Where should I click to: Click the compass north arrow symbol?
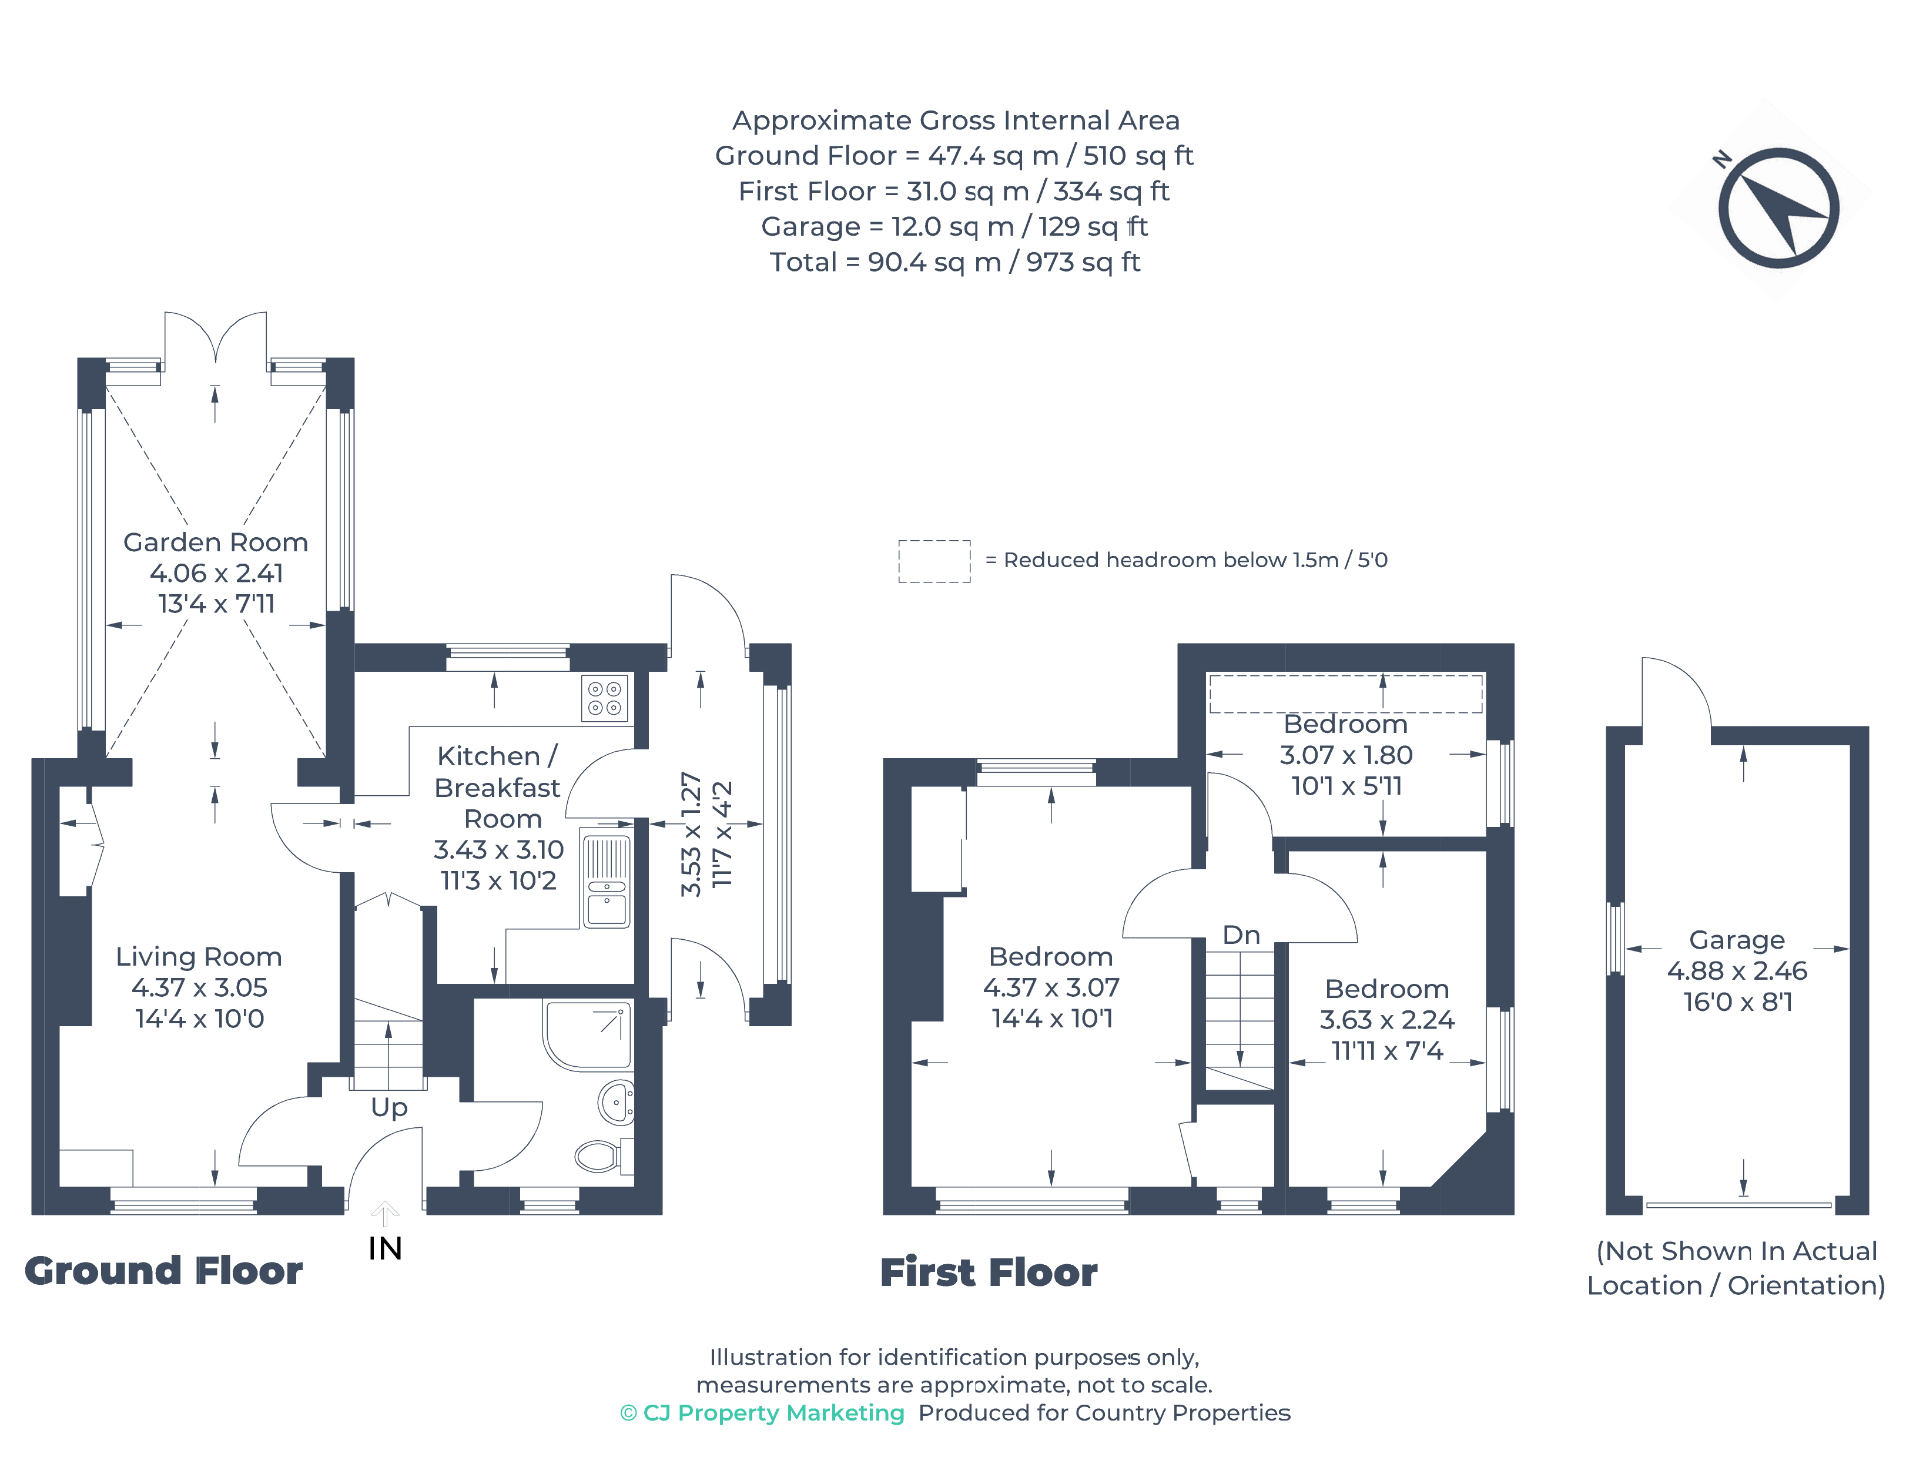(x=1778, y=208)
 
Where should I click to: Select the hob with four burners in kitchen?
(x=604, y=699)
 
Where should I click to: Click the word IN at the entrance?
(x=385, y=1249)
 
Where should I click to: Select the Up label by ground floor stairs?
(x=388, y=1107)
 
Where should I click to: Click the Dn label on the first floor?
(x=1241, y=935)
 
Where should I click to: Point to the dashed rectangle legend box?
(x=934, y=561)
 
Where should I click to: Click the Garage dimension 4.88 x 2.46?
(x=1736, y=970)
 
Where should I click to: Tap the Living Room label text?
(x=199, y=957)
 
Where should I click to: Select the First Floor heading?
(x=989, y=1272)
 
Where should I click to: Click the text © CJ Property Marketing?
(x=762, y=1413)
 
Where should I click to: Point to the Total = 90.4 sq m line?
(x=954, y=262)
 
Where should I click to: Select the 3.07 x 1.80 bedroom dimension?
(x=1346, y=755)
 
